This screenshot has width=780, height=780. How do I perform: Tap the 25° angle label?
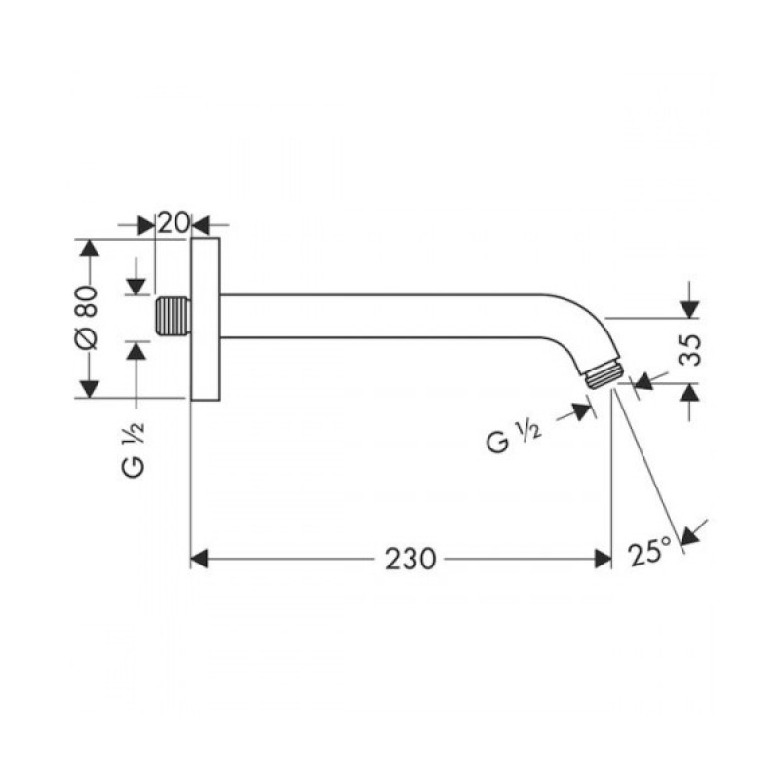650,553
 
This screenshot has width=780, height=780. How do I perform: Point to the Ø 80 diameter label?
87,318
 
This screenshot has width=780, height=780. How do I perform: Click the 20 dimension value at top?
173,222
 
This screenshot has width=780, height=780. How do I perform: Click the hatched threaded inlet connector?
172,317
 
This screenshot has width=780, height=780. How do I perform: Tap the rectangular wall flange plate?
206,317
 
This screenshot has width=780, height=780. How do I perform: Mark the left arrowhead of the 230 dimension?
199,558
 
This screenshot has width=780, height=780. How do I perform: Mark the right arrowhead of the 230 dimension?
602,558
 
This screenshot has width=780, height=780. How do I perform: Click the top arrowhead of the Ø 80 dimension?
89,248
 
